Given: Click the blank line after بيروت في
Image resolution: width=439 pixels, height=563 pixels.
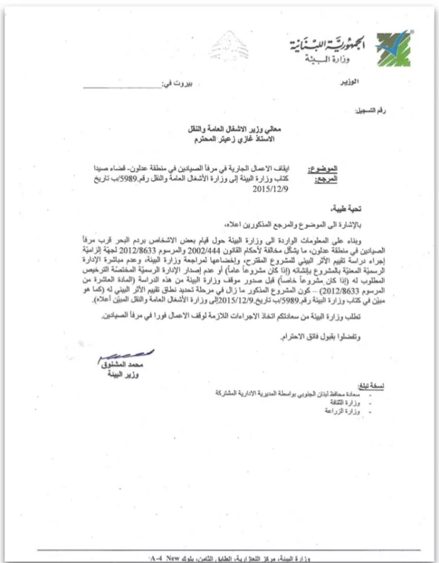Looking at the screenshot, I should tap(122, 84).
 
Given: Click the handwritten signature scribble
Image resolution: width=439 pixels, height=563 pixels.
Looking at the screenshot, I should tap(123, 356).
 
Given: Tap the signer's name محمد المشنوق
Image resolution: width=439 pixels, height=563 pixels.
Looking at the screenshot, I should tap(121, 365).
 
